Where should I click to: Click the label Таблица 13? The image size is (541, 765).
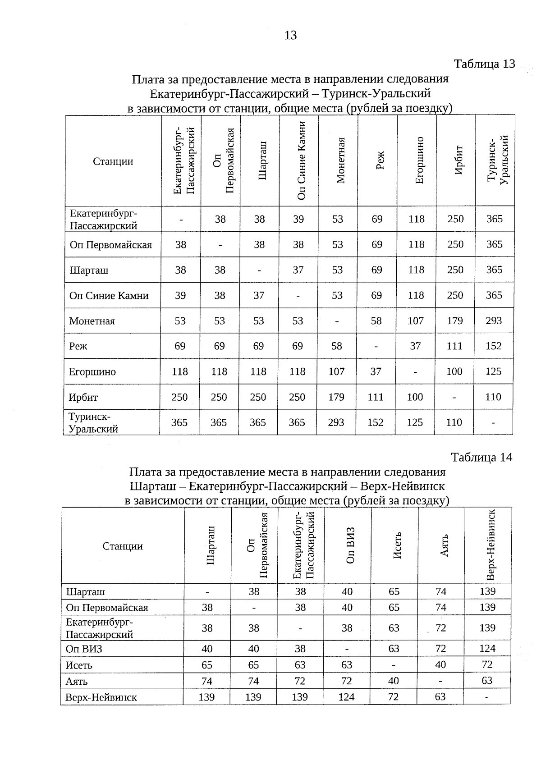click(x=484, y=64)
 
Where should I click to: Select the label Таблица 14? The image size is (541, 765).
click(x=481, y=457)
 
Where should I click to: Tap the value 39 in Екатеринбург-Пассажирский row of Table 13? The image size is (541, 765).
click(x=298, y=219)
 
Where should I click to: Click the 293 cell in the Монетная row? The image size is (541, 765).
click(x=494, y=321)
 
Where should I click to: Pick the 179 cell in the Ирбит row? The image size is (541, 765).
click(x=336, y=397)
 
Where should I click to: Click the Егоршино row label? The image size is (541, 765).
click(x=92, y=372)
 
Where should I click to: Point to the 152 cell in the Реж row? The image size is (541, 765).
click(x=494, y=346)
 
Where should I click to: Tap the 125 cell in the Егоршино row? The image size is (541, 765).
click(x=493, y=371)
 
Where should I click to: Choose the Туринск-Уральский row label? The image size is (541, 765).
click(x=93, y=422)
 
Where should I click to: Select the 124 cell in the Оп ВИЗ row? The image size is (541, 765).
click(x=487, y=649)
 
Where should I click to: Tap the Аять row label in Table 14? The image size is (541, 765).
click(x=77, y=681)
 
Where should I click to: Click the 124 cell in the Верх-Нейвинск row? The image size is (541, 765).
click(x=347, y=697)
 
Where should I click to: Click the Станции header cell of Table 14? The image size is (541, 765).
click(x=123, y=546)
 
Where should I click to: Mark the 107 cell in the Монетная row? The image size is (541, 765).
click(x=415, y=321)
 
